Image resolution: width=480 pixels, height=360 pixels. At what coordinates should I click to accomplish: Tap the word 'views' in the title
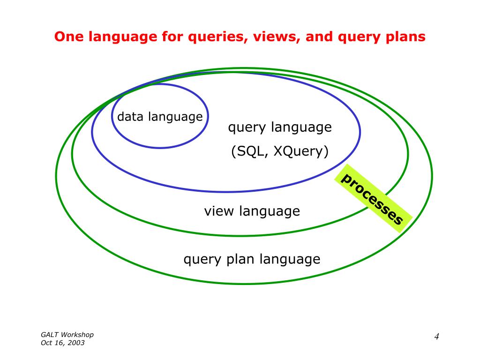(274, 37)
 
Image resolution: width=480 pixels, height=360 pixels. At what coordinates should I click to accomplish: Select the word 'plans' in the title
(406, 37)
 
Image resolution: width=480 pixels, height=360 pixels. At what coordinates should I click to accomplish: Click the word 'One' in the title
(65, 37)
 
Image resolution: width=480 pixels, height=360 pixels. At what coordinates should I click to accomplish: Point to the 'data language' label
(160, 117)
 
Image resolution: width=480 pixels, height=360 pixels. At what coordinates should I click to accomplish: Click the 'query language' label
(280, 127)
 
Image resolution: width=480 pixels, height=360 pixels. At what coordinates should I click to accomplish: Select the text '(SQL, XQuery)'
(280, 152)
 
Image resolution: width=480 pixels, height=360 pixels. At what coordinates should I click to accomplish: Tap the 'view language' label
(252, 211)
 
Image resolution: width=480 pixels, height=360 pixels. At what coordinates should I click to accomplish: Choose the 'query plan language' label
(252, 259)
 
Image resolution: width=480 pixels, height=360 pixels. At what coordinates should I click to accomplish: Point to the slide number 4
(436, 337)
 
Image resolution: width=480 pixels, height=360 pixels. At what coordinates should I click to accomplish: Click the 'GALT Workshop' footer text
(67, 335)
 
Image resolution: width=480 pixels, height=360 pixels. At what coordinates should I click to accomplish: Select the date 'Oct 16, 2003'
(62, 343)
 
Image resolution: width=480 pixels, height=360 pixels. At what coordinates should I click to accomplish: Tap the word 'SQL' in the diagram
(249, 152)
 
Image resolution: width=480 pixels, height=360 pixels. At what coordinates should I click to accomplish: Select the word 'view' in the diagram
(218, 211)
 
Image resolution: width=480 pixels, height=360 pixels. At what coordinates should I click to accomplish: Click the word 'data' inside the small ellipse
(130, 117)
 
